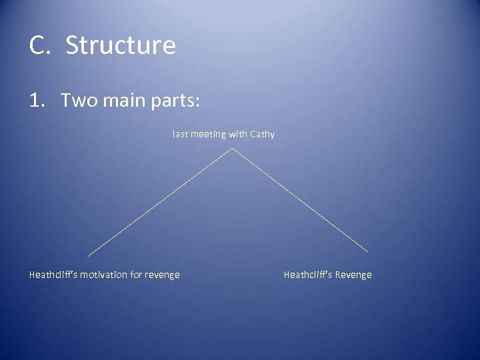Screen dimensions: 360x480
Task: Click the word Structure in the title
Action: (x=121, y=45)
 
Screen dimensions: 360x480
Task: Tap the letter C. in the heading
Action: (x=41, y=45)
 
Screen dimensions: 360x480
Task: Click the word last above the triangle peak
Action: (x=179, y=134)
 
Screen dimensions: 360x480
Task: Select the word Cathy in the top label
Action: (x=262, y=135)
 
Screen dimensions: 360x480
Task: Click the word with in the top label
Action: (x=237, y=134)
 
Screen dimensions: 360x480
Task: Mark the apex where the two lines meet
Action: (x=231, y=148)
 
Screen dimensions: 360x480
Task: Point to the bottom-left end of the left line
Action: (x=88, y=255)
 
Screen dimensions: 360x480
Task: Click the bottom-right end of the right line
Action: (x=368, y=251)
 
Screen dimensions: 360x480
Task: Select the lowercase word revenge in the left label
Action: (x=163, y=275)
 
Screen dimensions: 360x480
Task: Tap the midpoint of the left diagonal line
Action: (x=160, y=201)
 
